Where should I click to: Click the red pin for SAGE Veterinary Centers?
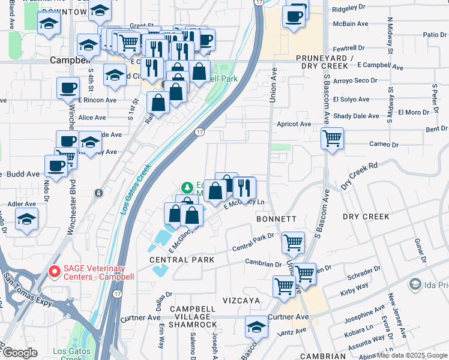coord(53,272)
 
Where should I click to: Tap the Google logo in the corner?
coord(20,353)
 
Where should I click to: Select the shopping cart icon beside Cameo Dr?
coord(332,138)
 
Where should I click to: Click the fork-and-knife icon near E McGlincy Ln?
coord(244,188)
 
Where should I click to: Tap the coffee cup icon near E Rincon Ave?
coord(68,88)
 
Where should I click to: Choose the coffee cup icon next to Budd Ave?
coord(56,166)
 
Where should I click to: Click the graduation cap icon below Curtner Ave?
coord(256,326)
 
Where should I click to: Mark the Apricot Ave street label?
coord(294,124)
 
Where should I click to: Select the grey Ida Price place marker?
coord(415,283)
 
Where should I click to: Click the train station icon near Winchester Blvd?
coord(98,193)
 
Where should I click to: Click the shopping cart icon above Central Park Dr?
coord(293,242)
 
